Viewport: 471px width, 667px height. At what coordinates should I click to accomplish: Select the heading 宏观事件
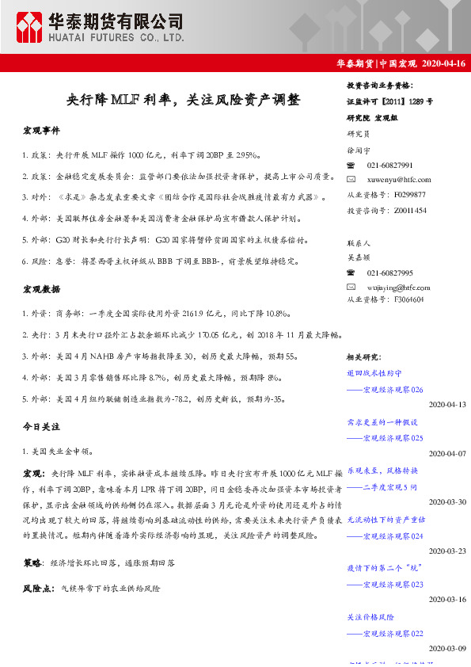pyautogui.click(x=41, y=129)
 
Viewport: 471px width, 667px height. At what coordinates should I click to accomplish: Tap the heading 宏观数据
pyautogui.click(x=41, y=291)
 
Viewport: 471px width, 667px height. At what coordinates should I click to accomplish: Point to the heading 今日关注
pyautogui.click(x=41, y=426)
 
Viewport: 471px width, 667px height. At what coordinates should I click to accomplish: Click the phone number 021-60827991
pyautogui.click(x=390, y=165)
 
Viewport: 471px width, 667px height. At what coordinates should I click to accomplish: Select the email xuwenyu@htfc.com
pyautogui.click(x=399, y=180)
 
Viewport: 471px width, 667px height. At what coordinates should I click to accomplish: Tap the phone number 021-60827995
pyautogui.click(x=390, y=272)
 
